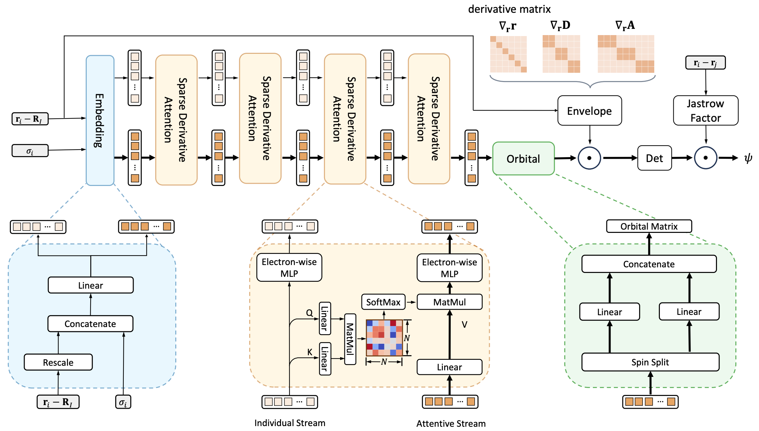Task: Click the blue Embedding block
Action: tap(100, 120)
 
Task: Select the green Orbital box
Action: tap(523, 159)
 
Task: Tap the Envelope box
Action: tap(589, 111)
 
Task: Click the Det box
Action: tap(654, 158)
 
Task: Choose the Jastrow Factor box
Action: tap(705, 111)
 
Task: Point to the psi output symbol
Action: tap(748, 158)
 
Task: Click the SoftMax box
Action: tap(383, 302)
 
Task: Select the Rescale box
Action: tap(58, 362)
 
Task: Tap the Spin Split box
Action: tap(650, 362)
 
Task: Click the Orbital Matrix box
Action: tap(649, 226)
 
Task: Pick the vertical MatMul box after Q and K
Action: tap(350, 339)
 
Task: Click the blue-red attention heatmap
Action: tap(384, 338)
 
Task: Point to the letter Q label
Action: tap(309, 313)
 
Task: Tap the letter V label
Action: tap(464, 324)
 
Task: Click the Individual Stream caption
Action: tap(290, 423)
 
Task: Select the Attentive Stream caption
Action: tap(451, 423)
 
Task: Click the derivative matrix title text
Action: tap(509, 9)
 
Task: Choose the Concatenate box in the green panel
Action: tap(649, 264)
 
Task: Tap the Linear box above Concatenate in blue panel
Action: tap(91, 285)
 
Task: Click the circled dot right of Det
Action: tap(705, 158)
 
